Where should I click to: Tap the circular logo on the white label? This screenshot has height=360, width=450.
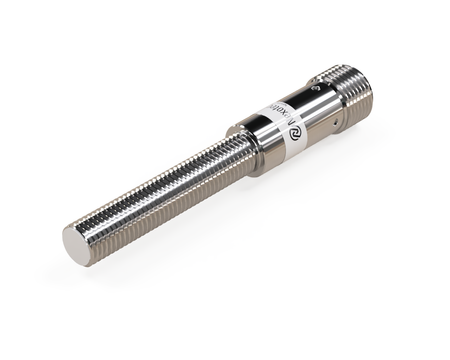tap(280, 127)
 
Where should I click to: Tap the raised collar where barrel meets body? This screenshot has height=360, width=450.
tap(237, 147)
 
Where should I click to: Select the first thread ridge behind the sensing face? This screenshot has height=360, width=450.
tap(93, 236)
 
